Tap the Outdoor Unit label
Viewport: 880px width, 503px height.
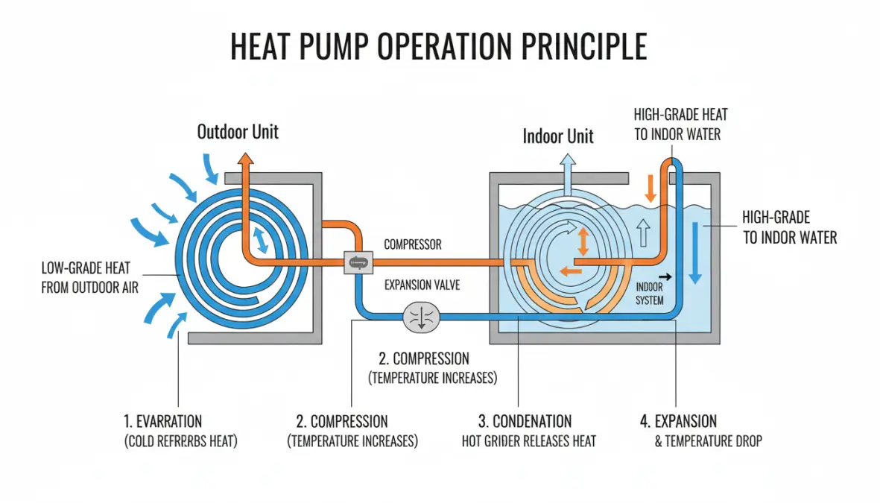pyautogui.click(x=238, y=132)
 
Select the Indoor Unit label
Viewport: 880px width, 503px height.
pyautogui.click(x=558, y=136)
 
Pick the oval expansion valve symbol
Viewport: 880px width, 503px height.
pyautogui.click(x=422, y=317)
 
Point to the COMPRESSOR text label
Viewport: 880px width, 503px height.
pyautogui.click(x=412, y=244)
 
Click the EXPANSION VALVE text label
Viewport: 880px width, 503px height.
pyautogui.click(x=422, y=285)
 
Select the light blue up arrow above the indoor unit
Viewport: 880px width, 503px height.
pyautogui.click(x=568, y=161)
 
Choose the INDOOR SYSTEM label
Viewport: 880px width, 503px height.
pyautogui.click(x=649, y=295)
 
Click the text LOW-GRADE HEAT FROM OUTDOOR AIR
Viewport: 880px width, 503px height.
pyautogui.click(x=89, y=277)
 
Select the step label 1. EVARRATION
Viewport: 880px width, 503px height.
pyautogui.click(x=163, y=422)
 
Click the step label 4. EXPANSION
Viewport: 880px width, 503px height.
pyautogui.click(x=678, y=422)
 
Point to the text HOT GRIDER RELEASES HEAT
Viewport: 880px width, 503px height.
pyautogui.click(x=529, y=441)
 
